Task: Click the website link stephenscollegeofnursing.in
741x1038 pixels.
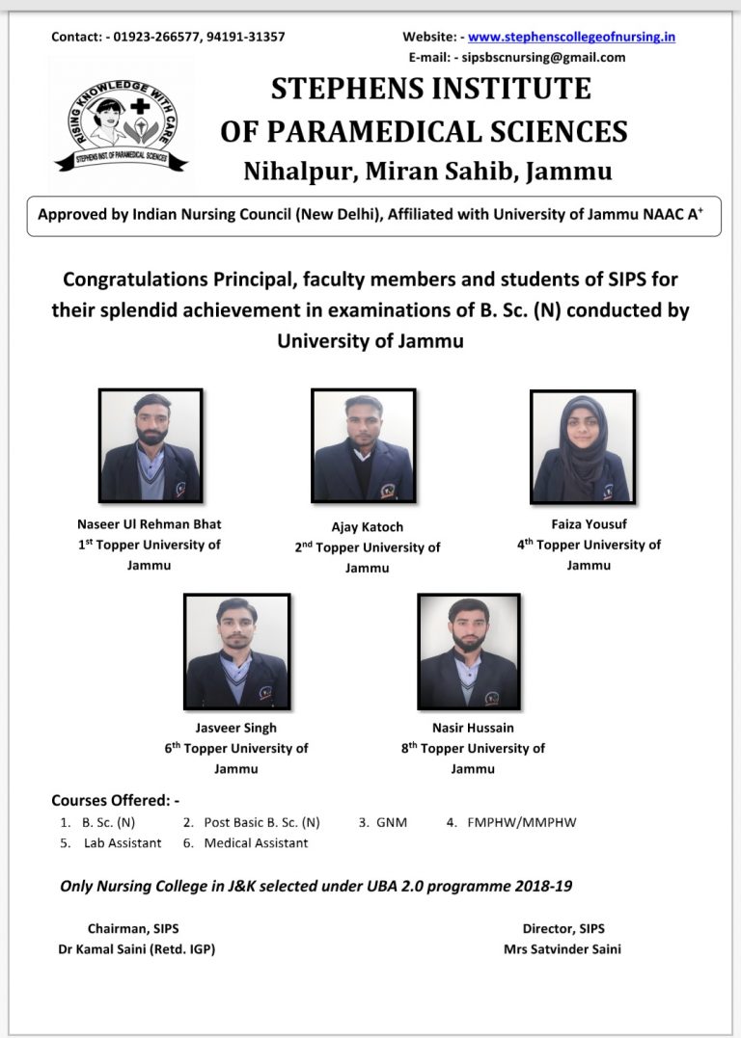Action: pos(571,38)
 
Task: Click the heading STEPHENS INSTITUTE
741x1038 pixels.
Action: pos(430,90)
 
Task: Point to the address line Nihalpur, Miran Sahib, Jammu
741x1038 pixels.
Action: pos(427,172)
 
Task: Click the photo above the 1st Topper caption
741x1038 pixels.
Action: pos(151,445)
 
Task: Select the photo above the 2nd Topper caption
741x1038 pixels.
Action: pos(363,445)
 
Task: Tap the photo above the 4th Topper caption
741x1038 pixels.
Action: pos(583,446)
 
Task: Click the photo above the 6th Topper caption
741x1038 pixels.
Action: pos(236,652)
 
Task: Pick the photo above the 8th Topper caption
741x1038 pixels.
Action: pos(469,652)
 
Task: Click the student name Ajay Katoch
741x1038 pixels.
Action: pos(368,527)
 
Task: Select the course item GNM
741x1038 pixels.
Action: pos(393,822)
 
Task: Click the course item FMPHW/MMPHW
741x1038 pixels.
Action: pos(522,822)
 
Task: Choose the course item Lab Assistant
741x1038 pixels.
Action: pos(123,842)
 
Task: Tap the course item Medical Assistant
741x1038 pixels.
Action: pos(256,842)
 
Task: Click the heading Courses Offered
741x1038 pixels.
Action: pos(115,800)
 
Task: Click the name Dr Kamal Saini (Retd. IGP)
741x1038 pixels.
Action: pos(137,949)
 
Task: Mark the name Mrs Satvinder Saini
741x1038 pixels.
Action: pos(563,949)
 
